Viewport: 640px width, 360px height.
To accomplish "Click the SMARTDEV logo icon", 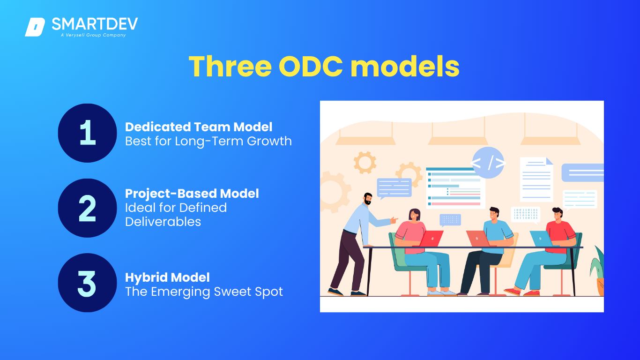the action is point(35,27).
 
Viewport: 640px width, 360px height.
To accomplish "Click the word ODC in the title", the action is point(311,67).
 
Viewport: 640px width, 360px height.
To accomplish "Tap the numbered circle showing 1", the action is point(88,133).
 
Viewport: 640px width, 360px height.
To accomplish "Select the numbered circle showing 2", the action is point(88,208).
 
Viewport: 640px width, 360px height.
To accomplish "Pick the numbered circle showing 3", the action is point(88,283).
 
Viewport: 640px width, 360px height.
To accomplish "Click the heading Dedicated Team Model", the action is point(199,127).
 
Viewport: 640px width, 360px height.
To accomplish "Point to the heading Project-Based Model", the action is point(192,194).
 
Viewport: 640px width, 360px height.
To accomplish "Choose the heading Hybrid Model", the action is point(167,277).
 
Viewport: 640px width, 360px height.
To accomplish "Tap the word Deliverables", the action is point(163,222).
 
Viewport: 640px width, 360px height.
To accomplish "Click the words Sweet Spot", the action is point(248,292).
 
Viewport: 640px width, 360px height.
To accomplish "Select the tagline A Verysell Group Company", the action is point(93,35).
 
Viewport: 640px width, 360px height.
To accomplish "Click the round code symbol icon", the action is point(488,163).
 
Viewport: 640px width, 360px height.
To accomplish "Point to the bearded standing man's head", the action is point(368,199).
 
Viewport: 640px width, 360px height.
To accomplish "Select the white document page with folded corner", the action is point(536,179).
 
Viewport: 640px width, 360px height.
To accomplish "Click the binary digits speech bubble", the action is point(526,215).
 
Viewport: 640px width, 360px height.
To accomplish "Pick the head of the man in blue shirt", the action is point(494,215).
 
